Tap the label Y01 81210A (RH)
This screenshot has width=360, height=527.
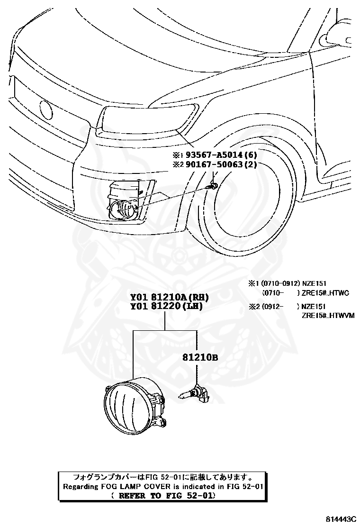(170, 297)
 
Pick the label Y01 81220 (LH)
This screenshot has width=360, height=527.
(167, 306)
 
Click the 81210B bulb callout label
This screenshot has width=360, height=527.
(200, 357)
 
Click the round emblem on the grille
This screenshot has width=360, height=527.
(45, 110)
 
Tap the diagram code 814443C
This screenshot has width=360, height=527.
(340, 519)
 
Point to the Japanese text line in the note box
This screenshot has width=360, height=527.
(162, 477)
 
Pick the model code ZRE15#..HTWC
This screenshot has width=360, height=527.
(325, 293)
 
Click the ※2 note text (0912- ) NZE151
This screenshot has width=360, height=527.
(287, 307)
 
